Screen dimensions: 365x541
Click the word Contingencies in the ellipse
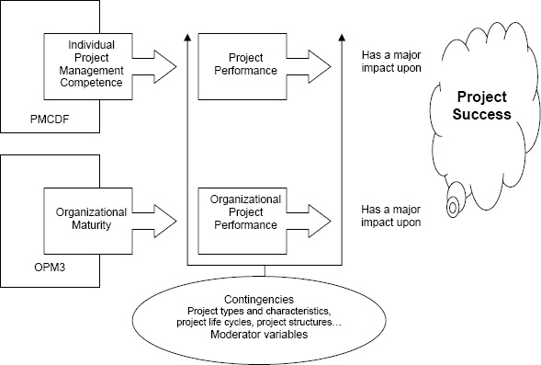[265, 300]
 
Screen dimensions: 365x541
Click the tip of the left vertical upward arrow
[188, 36]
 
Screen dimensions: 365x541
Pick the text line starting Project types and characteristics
[265, 311]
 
